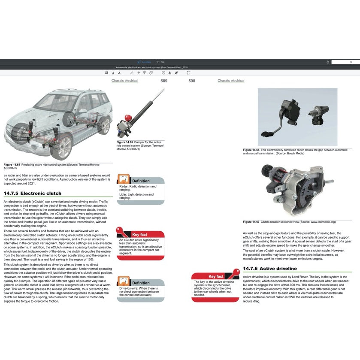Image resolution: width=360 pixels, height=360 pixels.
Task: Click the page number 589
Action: click(x=164, y=81)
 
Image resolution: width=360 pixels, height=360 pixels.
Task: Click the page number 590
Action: click(x=192, y=81)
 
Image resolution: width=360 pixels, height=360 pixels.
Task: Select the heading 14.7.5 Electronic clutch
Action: click(x=33, y=193)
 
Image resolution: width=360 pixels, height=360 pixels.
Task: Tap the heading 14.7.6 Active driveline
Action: click(x=269, y=269)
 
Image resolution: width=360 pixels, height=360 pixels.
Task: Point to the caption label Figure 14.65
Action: click(x=125, y=142)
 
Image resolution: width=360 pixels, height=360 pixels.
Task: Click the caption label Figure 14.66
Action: click(x=251, y=150)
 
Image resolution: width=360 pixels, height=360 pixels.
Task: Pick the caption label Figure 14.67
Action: click(x=251, y=222)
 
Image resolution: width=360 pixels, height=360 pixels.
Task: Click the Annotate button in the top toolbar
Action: click(x=145, y=62)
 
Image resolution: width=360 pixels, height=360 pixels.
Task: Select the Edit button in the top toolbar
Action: click(x=161, y=62)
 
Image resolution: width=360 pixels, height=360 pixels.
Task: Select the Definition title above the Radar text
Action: click(x=141, y=181)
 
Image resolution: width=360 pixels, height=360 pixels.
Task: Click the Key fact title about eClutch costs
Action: click(x=139, y=235)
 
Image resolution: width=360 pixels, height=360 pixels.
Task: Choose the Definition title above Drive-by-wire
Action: click(x=141, y=283)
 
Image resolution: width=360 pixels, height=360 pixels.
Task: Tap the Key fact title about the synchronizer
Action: click(x=216, y=277)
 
